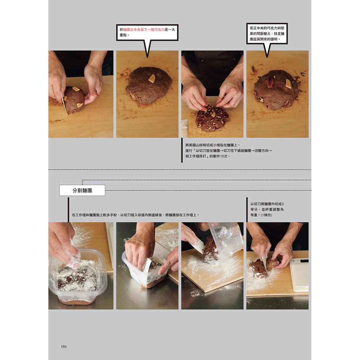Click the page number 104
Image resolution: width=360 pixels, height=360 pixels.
(64, 346)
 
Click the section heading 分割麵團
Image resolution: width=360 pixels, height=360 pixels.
(82, 190)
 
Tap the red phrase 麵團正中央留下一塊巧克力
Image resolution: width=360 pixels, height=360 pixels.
(144, 30)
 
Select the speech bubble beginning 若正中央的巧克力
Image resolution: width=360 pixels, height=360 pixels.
(267, 33)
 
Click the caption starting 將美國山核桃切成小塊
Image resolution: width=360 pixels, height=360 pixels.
(229, 150)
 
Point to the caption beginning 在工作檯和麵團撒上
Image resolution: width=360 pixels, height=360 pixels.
(136, 215)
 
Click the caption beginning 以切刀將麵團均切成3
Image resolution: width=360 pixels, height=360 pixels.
(267, 210)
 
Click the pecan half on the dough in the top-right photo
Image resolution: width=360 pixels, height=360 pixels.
(270, 83)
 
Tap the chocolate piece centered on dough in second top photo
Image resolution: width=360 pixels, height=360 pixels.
(152, 78)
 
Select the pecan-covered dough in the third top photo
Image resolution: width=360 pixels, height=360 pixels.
(212, 118)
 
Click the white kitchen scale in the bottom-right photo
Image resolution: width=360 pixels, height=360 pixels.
(299, 274)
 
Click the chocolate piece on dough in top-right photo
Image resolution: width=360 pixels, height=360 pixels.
(288, 84)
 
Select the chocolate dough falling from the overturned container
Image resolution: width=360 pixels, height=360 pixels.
(210, 250)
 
